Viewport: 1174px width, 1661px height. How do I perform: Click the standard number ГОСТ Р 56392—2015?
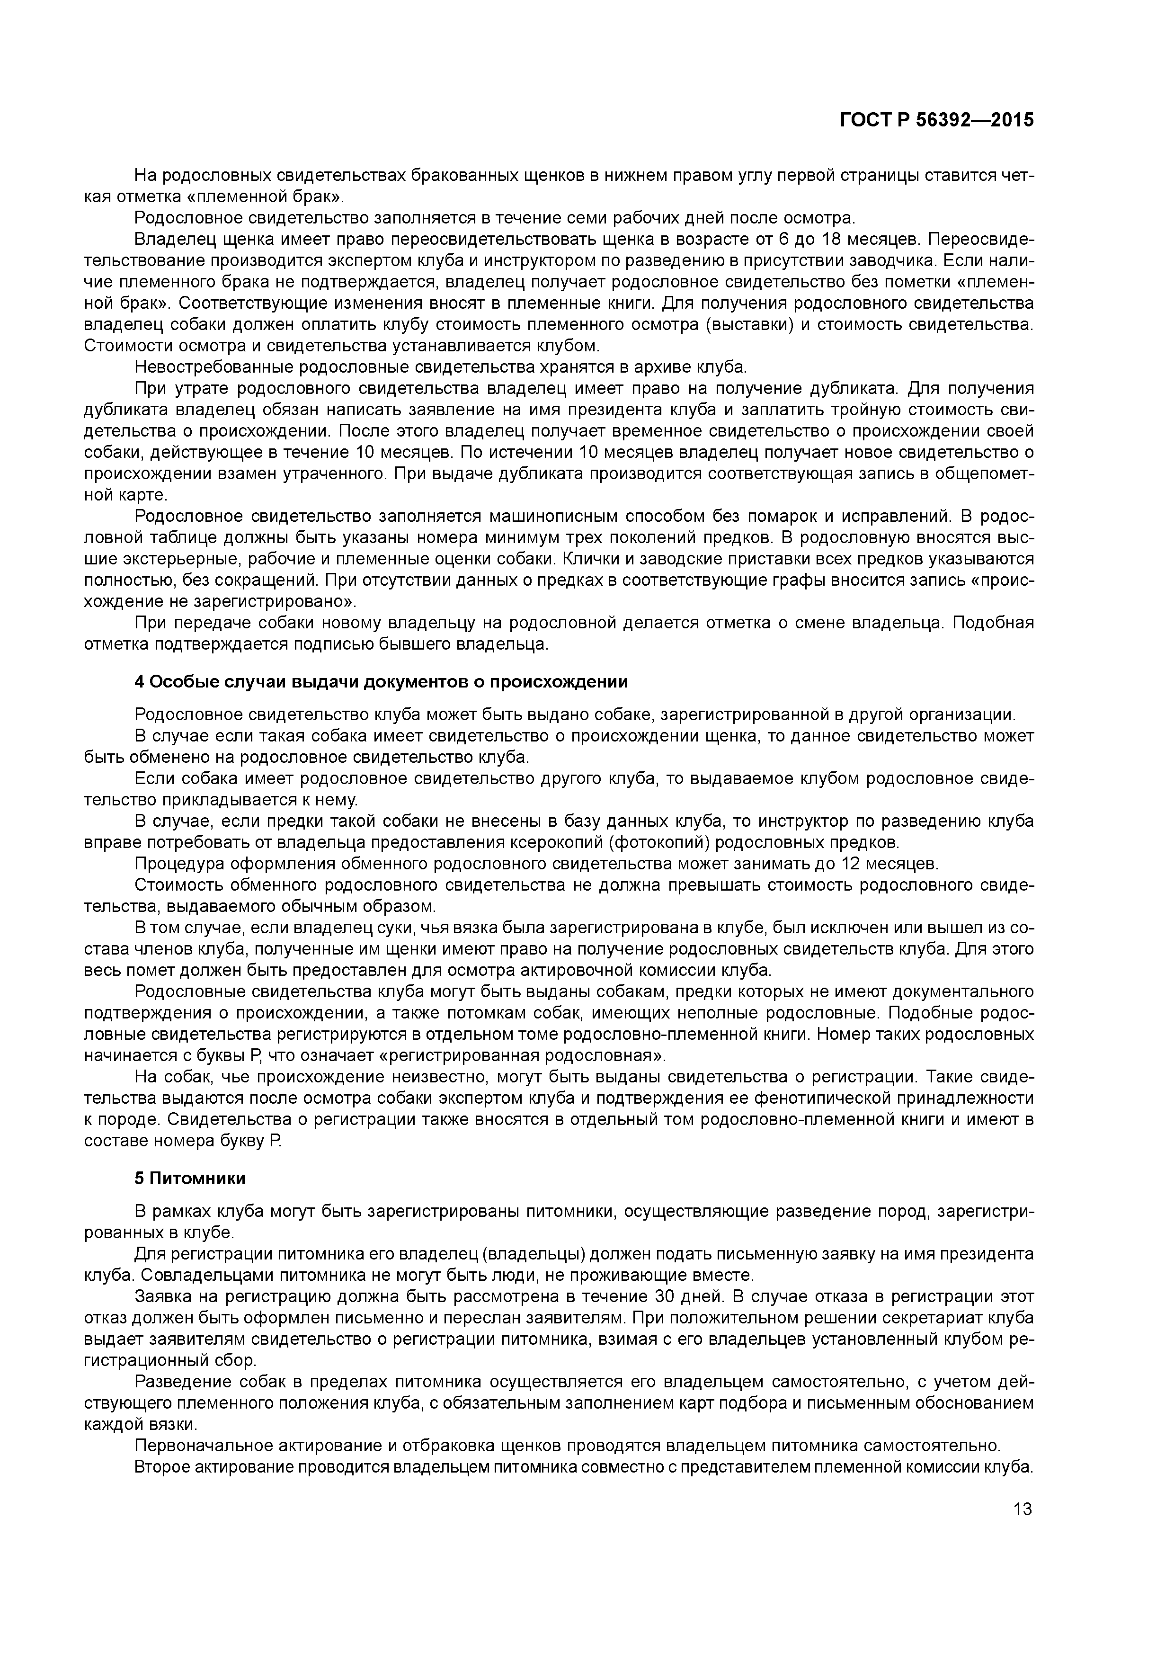click(x=937, y=120)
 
